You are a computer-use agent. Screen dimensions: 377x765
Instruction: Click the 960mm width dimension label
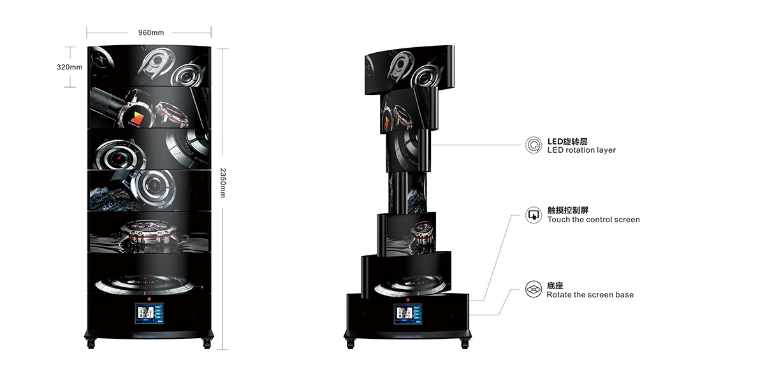click(x=150, y=32)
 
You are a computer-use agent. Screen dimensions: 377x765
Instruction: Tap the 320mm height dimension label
click(x=69, y=67)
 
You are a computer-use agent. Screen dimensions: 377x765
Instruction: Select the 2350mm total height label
click(x=222, y=183)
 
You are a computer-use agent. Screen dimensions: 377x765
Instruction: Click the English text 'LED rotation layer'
click(x=581, y=150)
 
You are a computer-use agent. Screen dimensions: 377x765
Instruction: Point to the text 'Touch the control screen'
click(x=593, y=220)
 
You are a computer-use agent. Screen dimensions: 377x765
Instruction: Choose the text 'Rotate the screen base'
click(x=590, y=295)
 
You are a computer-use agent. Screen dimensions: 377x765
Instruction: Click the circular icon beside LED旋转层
click(x=533, y=145)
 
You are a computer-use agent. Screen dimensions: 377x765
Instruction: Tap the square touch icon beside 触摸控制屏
click(x=533, y=215)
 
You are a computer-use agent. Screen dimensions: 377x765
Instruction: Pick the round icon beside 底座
click(x=533, y=290)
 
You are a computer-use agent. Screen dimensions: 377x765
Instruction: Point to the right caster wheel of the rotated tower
click(x=466, y=343)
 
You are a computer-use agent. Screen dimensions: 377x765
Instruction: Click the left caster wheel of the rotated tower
click(x=349, y=343)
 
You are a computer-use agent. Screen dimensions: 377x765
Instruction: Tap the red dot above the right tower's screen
click(x=408, y=296)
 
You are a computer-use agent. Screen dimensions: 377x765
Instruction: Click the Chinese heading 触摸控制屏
click(x=567, y=210)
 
